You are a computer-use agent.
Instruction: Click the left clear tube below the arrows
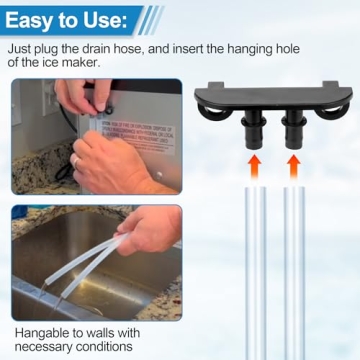[255, 270]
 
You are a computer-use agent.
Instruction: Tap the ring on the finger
[75, 160]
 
